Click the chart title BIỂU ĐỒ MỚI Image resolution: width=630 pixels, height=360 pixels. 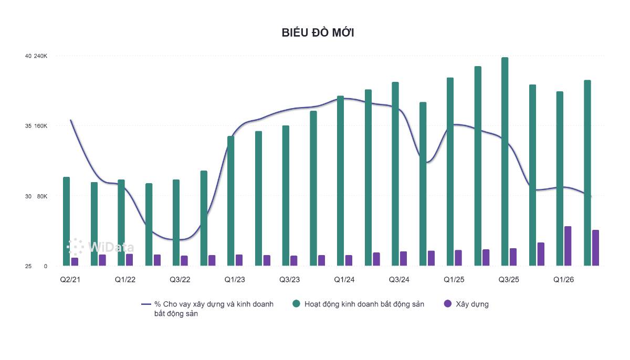pos(318,33)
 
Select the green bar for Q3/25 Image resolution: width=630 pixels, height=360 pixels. pos(505,162)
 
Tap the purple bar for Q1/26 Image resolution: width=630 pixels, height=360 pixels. pos(568,246)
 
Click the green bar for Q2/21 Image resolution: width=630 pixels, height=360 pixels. pos(66,221)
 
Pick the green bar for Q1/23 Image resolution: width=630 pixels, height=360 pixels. pos(230,201)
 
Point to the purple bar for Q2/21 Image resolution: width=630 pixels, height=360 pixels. pos(75,262)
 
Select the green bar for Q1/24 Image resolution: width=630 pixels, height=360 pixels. pos(340,181)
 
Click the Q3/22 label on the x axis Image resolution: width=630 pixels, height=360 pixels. pos(180,280)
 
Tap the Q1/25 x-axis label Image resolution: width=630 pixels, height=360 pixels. pos(454,280)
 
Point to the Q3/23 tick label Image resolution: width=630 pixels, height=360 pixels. pos(289,280)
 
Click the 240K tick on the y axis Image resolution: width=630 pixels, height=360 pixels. pos(40,56)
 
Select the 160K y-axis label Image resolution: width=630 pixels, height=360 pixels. pos(40,126)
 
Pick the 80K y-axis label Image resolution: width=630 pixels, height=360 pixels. pos(42,196)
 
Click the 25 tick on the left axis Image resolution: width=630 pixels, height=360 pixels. pos(28,266)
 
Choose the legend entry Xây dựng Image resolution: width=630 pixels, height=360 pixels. pos(466,304)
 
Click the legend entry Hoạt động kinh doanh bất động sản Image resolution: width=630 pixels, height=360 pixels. pos(358,304)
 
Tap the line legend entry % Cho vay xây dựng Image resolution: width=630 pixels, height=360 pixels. pos(207,309)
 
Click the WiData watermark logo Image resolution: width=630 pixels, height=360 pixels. pos(100,247)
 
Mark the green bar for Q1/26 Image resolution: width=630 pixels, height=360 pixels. pos(560,178)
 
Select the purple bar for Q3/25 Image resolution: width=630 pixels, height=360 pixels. pos(513,257)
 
